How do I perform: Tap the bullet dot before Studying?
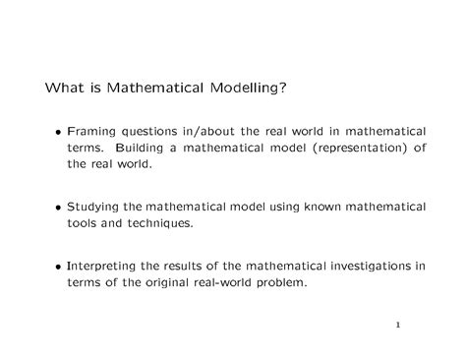click(60, 208)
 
